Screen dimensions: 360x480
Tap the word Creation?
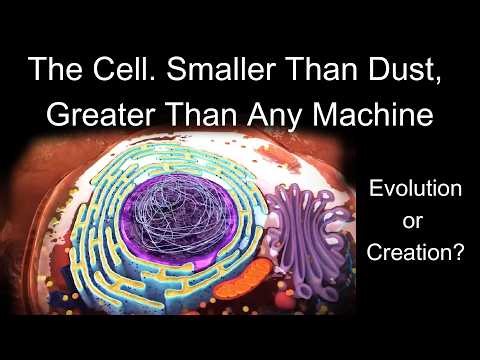pos(414,254)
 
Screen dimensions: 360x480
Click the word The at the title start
pos(48,71)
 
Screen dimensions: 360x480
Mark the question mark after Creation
pos(458,254)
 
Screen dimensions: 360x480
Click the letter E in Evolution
pos(374,187)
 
